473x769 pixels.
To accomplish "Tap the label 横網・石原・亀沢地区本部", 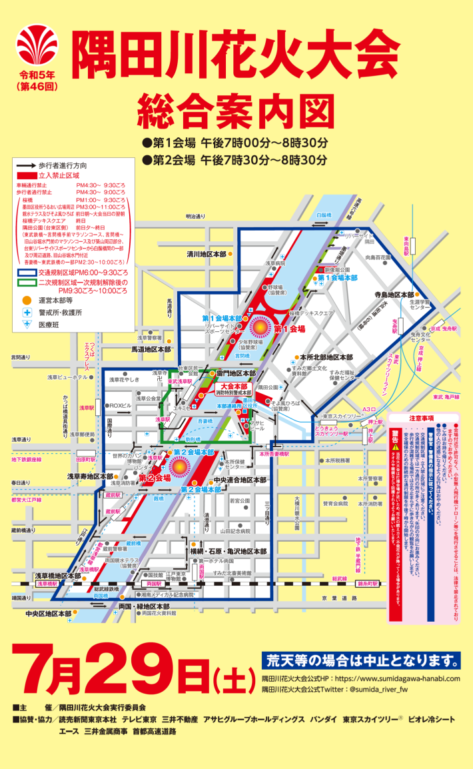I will [x=228, y=552].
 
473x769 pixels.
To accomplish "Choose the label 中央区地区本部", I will [x=48, y=614].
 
